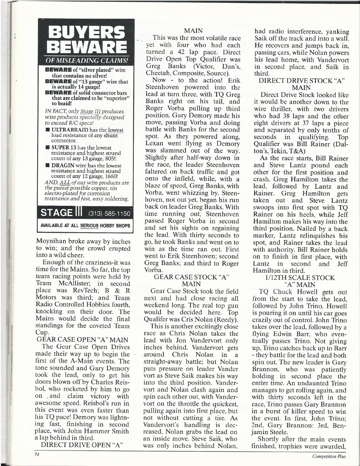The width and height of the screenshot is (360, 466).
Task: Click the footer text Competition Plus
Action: [329, 456]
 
